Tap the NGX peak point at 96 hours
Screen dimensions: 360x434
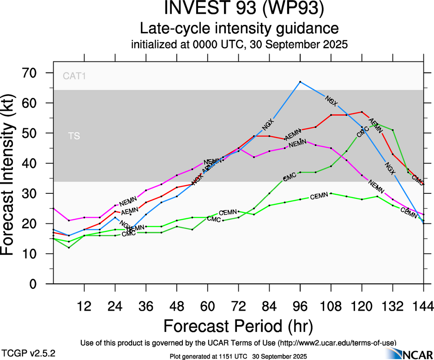(x=300, y=82)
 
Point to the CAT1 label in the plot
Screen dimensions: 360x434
(x=74, y=76)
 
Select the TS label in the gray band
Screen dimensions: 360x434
(x=74, y=136)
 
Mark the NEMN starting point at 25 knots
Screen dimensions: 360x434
(x=54, y=209)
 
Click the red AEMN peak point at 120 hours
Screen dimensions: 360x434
(x=362, y=112)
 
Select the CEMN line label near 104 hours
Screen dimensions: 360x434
(x=319, y=197)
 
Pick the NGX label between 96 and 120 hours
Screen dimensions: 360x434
(x=331, y=100)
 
